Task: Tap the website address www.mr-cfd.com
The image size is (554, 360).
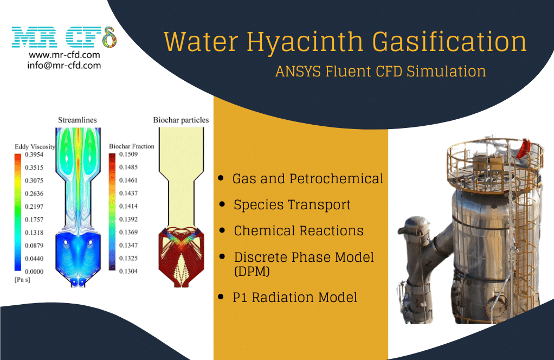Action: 65,55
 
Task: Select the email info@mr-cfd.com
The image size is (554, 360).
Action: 65,66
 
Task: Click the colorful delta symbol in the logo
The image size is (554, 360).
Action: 109,37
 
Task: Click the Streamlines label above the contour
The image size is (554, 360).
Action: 78,120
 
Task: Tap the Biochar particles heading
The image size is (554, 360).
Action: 181,120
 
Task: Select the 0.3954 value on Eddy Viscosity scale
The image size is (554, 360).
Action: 34,155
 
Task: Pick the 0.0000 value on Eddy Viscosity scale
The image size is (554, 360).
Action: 34,272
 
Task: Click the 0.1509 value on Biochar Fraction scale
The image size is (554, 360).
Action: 128,154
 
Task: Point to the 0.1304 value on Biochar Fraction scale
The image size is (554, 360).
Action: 128,271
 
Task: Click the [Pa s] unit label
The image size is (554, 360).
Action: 22,280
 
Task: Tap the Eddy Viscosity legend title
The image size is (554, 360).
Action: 35,146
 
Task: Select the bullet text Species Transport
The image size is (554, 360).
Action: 292,205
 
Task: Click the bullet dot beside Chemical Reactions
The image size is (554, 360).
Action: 222,230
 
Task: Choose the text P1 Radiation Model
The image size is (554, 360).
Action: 295,298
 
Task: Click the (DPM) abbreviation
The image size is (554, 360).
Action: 252,271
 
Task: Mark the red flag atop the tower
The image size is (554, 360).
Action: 524,149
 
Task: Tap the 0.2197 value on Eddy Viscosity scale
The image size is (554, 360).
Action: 34,207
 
